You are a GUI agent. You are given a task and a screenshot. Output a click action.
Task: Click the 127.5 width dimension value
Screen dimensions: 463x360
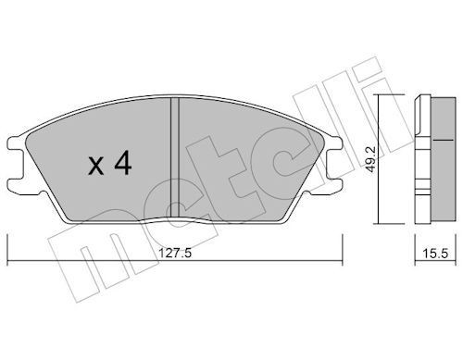click(x=175, y=254)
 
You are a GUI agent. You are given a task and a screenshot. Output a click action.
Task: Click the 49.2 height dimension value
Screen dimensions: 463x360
click(x=371, y=159)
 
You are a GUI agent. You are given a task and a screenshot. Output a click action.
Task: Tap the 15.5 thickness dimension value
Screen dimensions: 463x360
click(x=435, y=254)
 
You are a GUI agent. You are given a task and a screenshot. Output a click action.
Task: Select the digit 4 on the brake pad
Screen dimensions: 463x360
click(x=123, y=164)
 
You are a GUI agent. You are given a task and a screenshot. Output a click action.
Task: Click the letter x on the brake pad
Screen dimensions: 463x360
click(x=96, y=167)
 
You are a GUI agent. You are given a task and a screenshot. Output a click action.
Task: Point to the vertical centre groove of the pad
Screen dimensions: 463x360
click(x=175, y=157)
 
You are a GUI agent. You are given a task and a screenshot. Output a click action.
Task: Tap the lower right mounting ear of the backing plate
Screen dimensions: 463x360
click(x=332, y=186)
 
